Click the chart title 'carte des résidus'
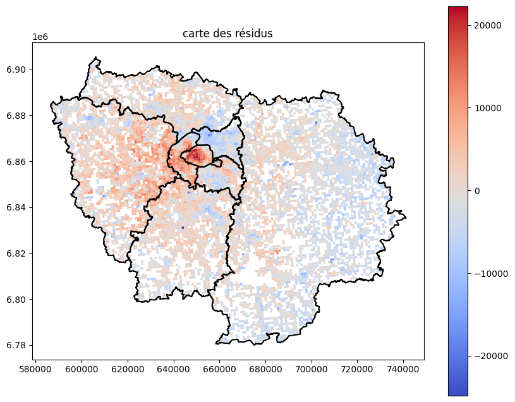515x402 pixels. (227, 33)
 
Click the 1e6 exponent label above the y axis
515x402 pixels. (41, 37)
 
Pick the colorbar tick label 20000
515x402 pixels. (488, 25)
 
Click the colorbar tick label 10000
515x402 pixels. (488, 108)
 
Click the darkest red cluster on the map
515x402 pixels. (195, 154)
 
